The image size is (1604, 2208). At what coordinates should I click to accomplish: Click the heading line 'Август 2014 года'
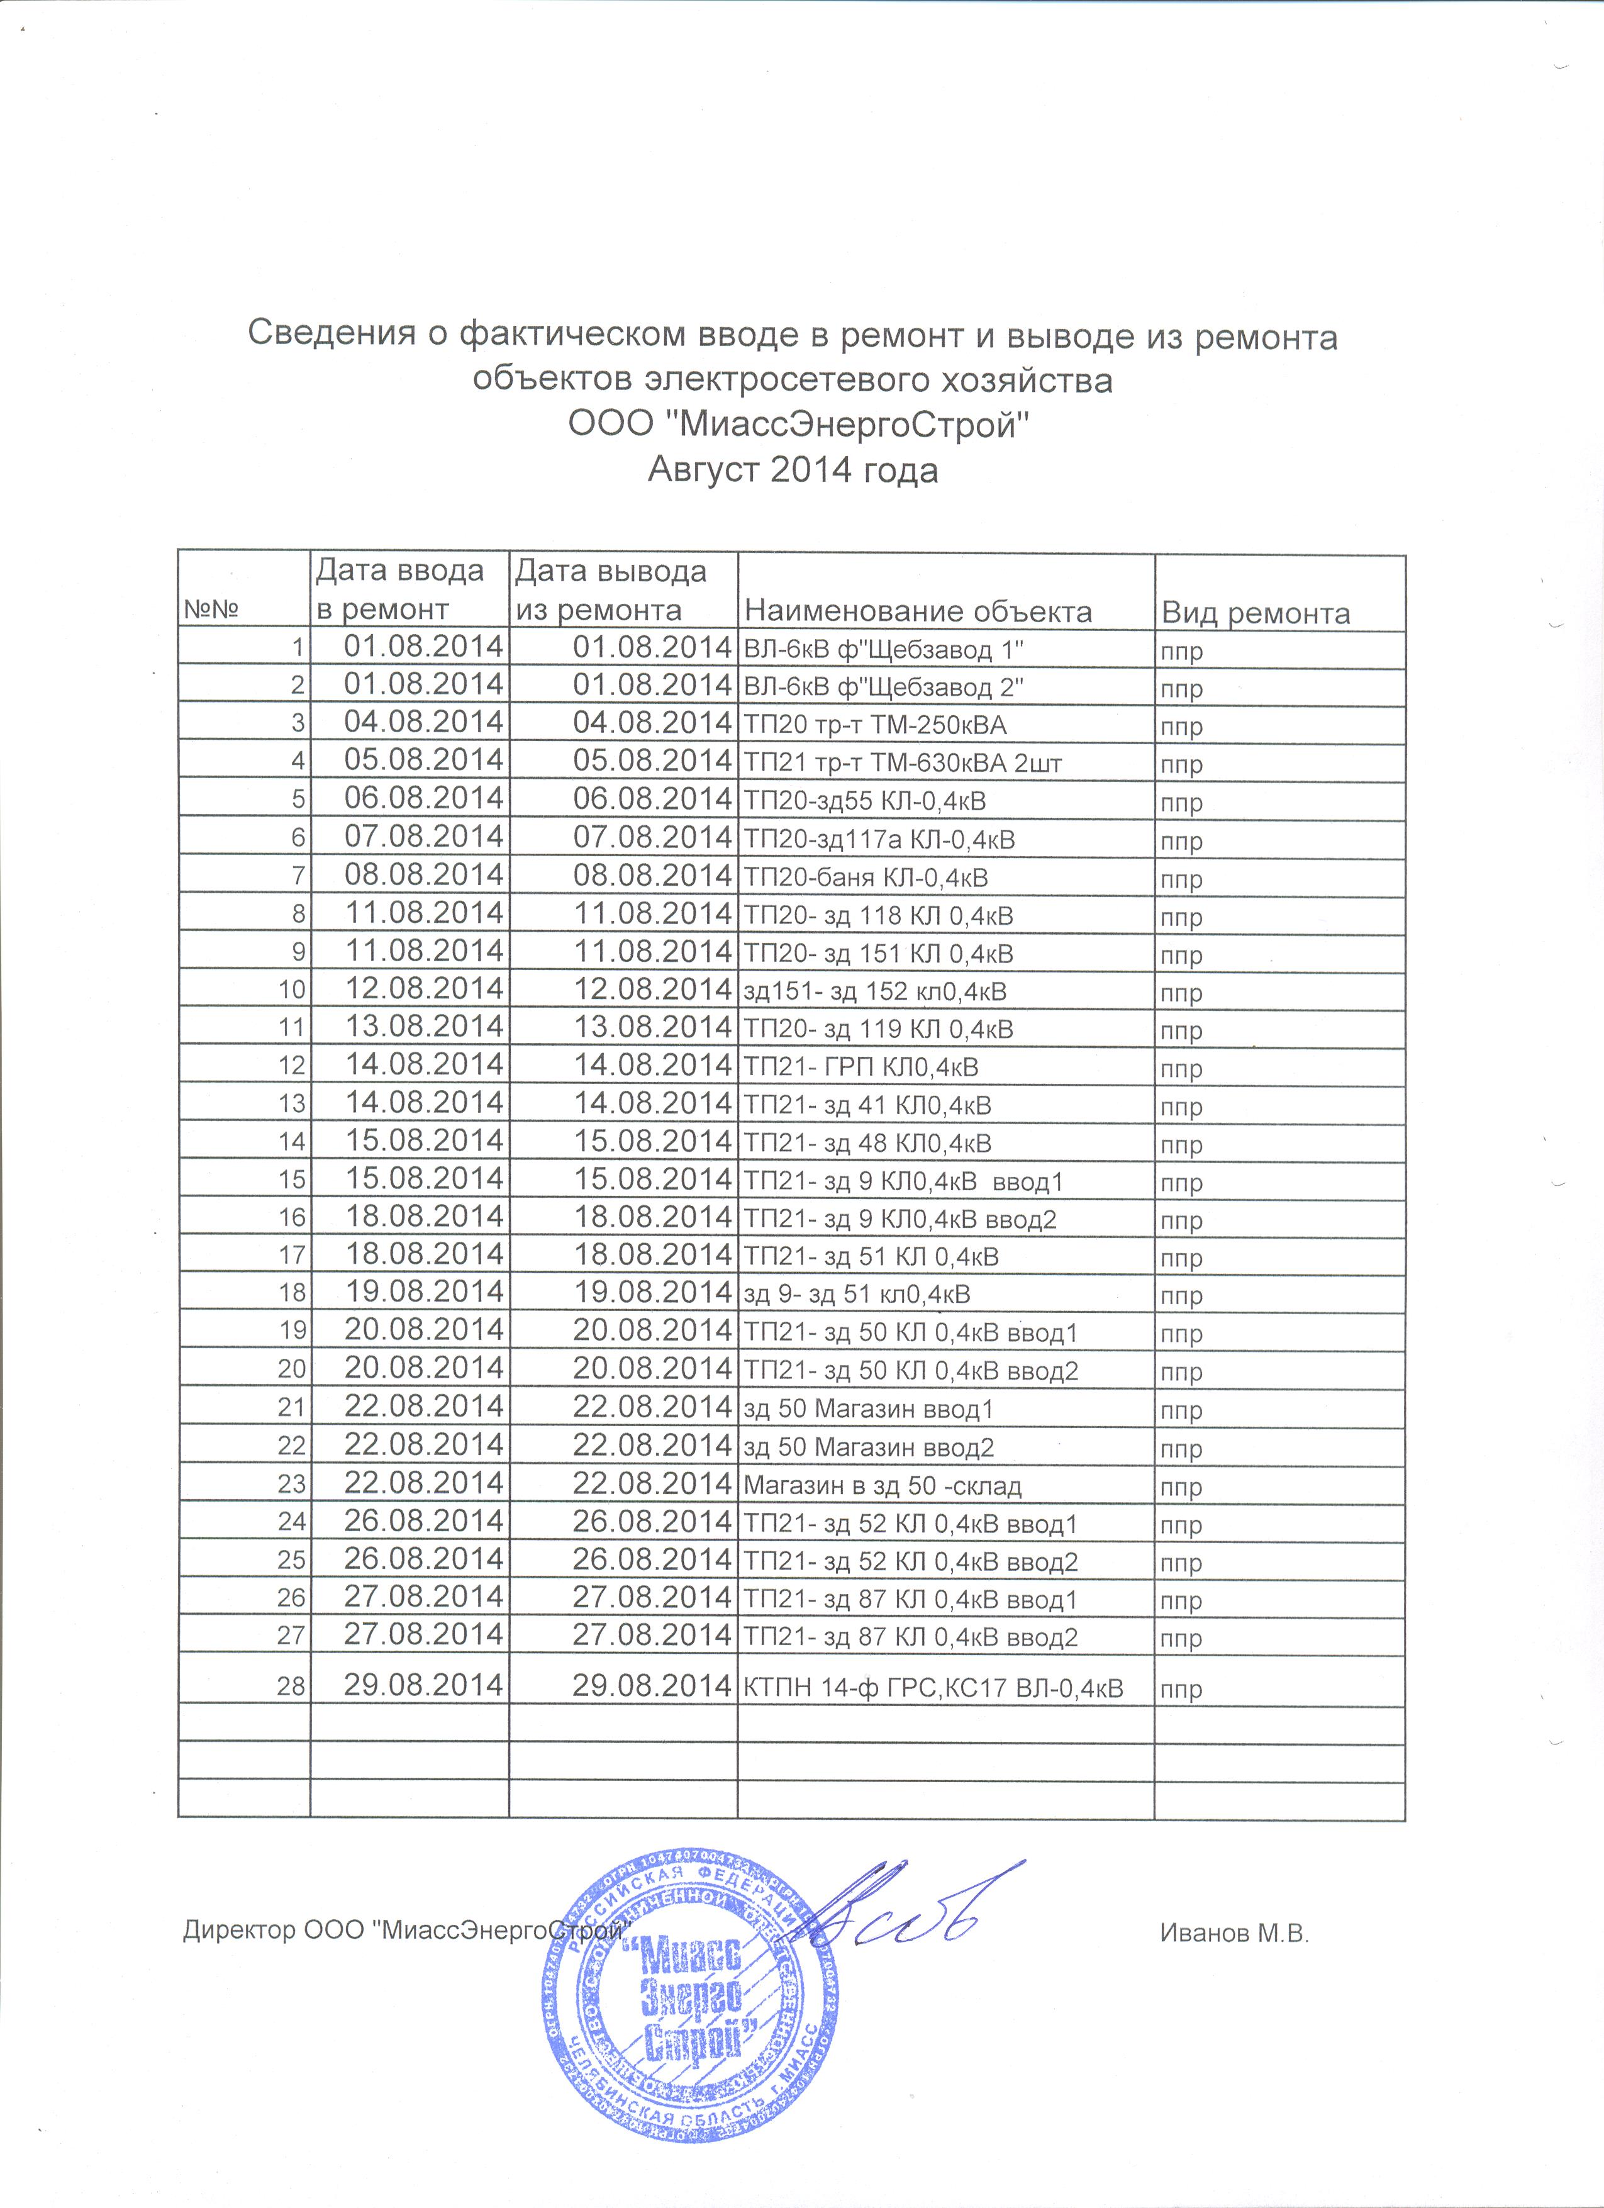coord(793,471)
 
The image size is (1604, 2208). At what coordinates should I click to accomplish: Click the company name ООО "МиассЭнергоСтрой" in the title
coord(798,425)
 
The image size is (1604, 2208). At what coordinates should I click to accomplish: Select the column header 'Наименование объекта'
coord(917,611)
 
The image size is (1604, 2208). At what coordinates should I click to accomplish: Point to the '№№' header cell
coord(211,610)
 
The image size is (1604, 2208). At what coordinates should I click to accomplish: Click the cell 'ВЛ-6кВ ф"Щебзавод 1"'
coord(884,649)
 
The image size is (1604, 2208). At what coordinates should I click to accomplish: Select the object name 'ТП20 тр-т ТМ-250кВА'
coord(875,725)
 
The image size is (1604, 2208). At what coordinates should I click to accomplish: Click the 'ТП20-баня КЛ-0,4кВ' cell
coord(866,878)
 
